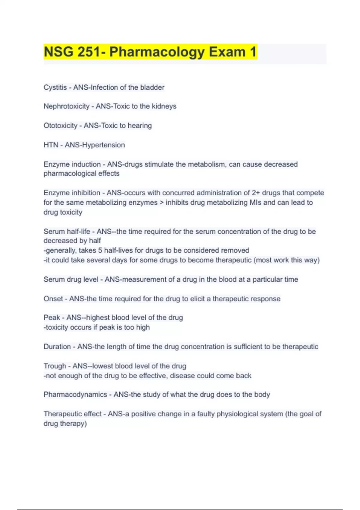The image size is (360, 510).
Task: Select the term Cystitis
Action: click(55, 87)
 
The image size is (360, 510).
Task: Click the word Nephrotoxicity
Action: click(66, 106)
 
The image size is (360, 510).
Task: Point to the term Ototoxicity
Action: click(60, 125)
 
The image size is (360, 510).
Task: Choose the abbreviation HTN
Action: click(51, 145)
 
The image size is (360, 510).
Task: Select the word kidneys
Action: click(164, 106)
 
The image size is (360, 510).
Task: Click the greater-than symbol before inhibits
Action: click(162, 203)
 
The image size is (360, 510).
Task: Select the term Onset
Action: click(53, 299)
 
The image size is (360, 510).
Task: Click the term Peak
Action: click(52, 317)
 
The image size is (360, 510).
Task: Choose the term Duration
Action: click(57, 346)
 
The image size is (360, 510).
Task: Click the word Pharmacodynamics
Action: click(75, 394)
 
